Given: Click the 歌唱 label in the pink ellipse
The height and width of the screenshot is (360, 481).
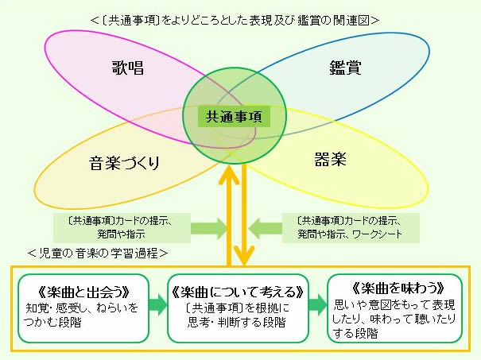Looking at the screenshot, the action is coord(128,68).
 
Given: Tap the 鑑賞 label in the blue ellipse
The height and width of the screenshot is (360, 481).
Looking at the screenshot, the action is coord(345,68).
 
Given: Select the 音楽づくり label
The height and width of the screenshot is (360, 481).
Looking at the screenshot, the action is coord(124,163).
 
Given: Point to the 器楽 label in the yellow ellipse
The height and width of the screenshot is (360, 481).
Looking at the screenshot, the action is coord(331,158).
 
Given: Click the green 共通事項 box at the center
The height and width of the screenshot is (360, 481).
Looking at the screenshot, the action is coord(234,117).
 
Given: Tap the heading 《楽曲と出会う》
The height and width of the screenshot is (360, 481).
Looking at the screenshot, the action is coord(83,292).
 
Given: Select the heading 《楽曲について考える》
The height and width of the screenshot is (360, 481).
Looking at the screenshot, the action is coord(238,292).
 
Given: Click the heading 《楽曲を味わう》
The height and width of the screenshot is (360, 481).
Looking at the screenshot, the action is coord(398,288).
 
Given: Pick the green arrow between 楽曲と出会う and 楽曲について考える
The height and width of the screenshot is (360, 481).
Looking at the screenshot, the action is coord(158,305).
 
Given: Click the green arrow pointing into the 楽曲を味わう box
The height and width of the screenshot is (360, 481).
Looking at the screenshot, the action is coord(318,305).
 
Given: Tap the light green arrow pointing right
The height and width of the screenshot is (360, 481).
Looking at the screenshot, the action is coord(208,228).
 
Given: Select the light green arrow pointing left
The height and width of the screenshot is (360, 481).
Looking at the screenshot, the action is coord(266,228).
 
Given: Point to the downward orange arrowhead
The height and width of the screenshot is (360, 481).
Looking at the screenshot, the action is coord(244,256).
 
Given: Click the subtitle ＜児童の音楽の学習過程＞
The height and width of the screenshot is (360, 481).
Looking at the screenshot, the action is coord(98,254).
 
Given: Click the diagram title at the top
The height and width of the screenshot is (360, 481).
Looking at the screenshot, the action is coord(235,20).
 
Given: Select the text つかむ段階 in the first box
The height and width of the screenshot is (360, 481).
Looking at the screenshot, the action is coord(52,322).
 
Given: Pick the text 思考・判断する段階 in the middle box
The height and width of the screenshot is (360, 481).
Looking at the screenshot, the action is coord(236,322).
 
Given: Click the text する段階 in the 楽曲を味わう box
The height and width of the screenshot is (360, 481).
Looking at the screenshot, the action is coord(355,333).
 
